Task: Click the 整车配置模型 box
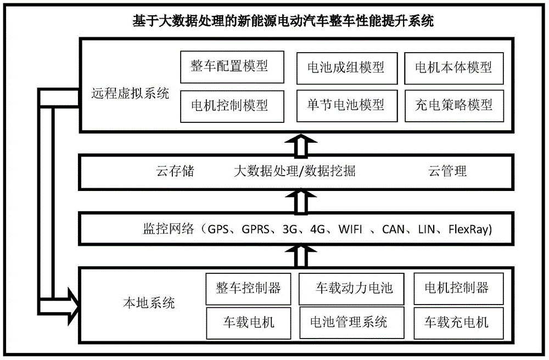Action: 232,67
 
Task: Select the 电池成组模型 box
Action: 347,68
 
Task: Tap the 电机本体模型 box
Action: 454,68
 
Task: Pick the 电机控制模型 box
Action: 232,106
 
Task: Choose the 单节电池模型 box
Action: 347,106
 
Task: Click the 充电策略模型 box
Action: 454,106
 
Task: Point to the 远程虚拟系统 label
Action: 130,93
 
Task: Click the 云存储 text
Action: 175,171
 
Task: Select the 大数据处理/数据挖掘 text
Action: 294,171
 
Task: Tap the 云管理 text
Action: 447,171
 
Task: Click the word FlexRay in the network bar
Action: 470,229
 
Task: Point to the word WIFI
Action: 350,229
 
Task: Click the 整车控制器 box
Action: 248,289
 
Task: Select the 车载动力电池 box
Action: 351,289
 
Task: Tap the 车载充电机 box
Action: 458,323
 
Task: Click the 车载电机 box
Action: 249,323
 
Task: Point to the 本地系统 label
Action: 149,303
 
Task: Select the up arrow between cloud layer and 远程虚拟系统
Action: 301,145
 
